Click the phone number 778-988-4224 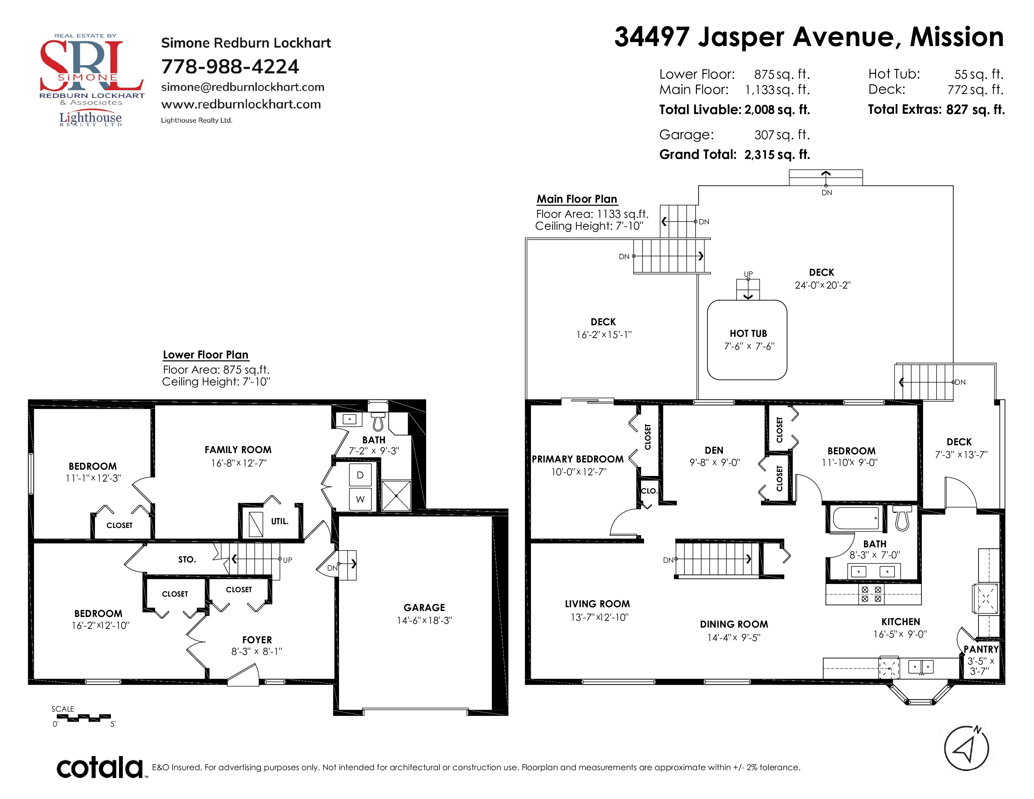point(230,67)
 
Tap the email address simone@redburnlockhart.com point(243,87)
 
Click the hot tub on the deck point(747,340)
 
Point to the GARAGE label point(424,607)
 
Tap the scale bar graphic point(83,718)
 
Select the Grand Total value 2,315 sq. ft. point(777,155)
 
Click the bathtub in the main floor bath point(856,518)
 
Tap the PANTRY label point(981,649)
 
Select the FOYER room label point(257,640)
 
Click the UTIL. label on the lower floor point(279,521)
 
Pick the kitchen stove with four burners point(871,594)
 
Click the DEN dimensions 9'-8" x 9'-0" point(714,462)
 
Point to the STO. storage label point(187,560)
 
